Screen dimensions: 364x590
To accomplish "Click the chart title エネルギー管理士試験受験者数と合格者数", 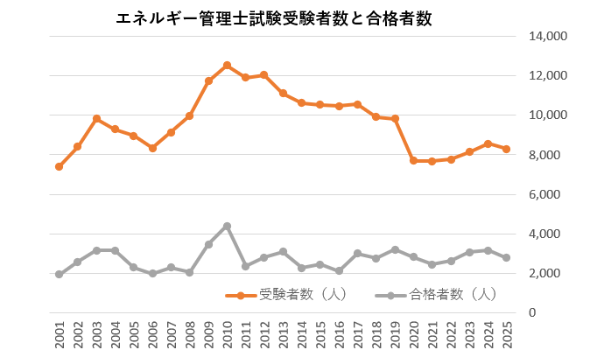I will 273,18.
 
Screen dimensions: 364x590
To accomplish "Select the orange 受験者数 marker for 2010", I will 227,66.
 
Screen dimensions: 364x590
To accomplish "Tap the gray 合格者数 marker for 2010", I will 227,226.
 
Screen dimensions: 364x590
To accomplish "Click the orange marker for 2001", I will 59,166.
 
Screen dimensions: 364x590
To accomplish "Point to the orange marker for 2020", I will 414,161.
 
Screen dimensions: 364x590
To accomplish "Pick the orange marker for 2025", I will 507,150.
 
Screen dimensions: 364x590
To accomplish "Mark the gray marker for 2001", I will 59,274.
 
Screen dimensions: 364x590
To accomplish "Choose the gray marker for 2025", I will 507,258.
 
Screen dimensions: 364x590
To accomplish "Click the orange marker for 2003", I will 96,119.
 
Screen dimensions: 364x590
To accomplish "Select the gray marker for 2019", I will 395,249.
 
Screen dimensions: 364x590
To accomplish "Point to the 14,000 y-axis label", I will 547,36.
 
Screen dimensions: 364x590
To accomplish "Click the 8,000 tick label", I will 551,155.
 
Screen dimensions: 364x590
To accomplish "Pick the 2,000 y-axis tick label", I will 551,273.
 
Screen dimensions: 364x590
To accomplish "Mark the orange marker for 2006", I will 152,149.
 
